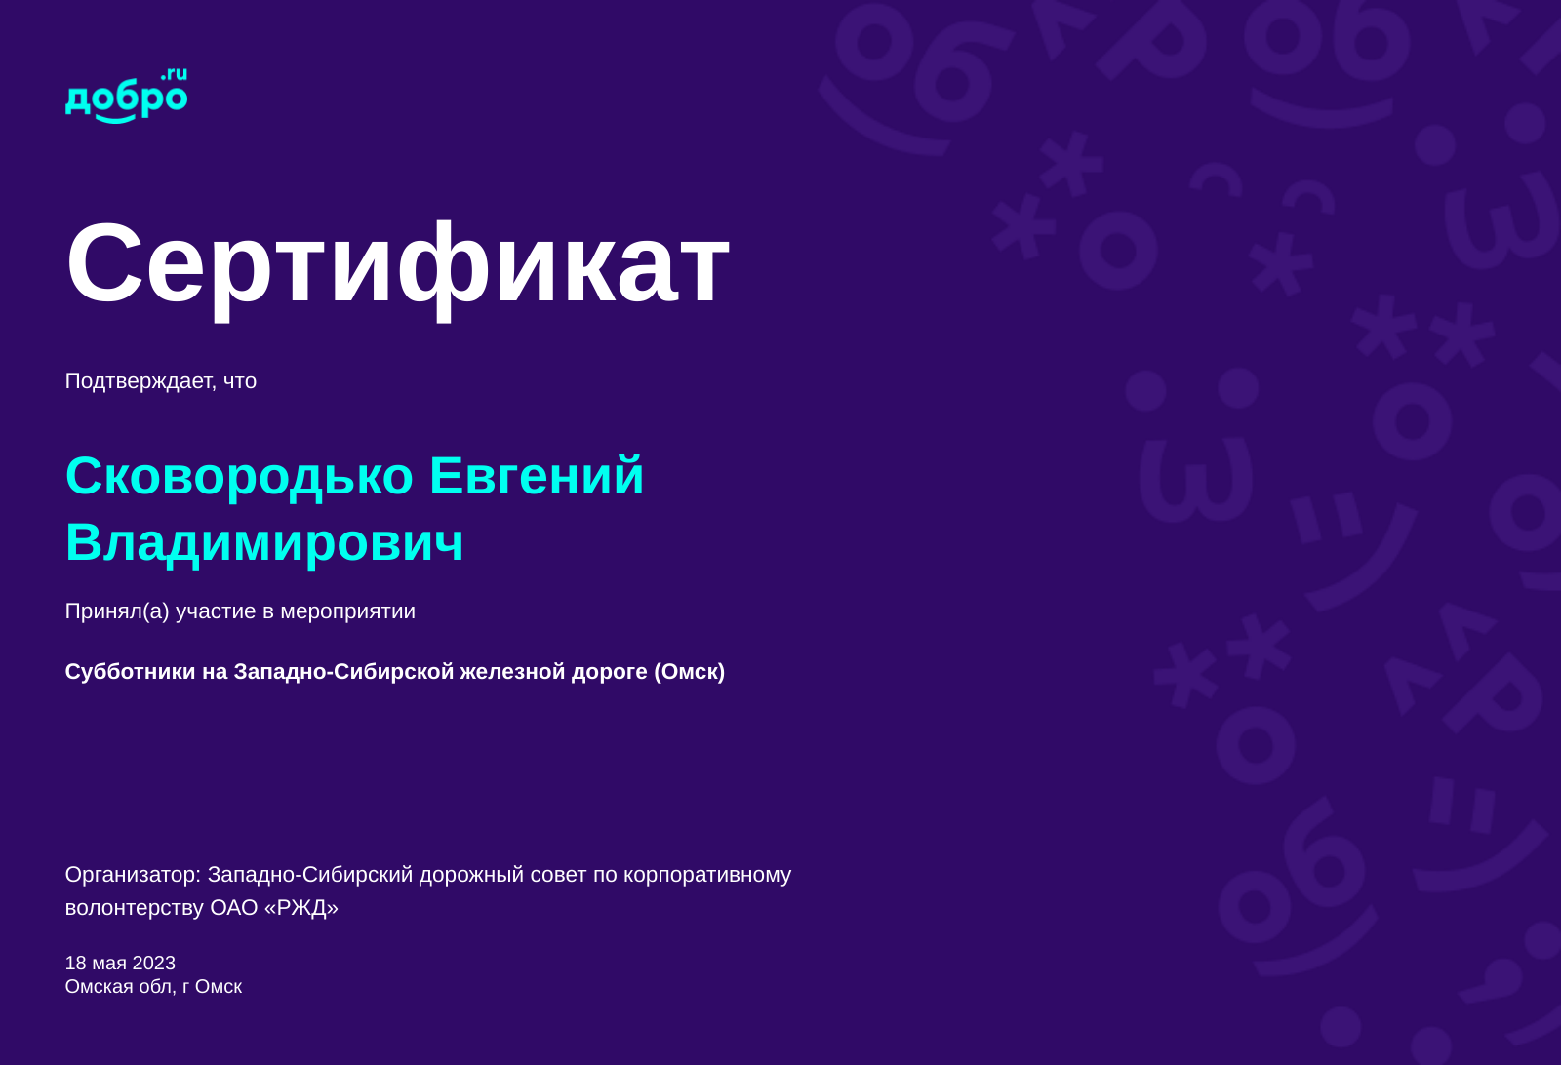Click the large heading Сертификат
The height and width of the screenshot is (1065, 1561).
coord(397,263)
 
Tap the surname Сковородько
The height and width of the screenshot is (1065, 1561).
coord(239,476)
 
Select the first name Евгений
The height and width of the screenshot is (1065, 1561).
coord(537,476)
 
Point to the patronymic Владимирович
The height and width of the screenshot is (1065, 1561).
coord(264,542)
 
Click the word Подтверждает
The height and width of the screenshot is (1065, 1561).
coord(140,381)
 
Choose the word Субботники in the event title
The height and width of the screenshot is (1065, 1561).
coord(130,672)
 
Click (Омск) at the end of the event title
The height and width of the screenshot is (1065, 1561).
coord(689,672)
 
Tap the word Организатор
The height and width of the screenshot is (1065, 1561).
coord(133,875)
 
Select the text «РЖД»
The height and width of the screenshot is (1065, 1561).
coord(301,908)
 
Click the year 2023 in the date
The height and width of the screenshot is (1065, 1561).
coord(154,964)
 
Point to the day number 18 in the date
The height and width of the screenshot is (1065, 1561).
coord(75,964)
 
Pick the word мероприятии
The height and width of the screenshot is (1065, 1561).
coord(347,611)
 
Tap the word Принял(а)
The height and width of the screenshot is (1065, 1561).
coord(117,611)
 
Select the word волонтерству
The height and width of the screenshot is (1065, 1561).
coord(135,908)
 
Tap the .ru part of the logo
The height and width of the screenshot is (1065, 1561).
coord(175,74)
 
